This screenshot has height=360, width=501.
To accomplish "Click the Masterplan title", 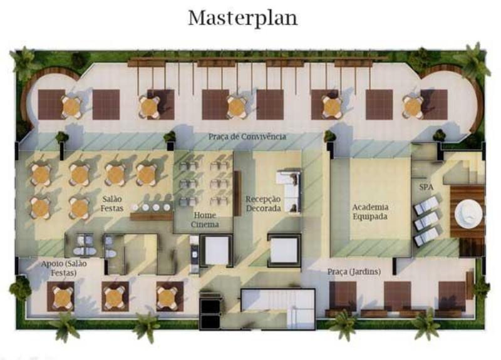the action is (243, 18).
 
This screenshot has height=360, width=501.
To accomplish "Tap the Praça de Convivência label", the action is (247, 136).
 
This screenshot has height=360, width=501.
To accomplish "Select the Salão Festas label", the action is (112, 203).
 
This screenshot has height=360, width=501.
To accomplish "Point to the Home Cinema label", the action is (205, 220).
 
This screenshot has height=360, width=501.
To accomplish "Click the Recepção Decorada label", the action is (263, 203).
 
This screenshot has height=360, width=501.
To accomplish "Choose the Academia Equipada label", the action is (370, 212).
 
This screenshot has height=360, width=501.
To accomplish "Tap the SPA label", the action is (426, 187).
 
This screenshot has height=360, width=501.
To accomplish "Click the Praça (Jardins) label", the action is (354, 272).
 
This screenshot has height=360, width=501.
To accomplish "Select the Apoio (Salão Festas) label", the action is (64, 269).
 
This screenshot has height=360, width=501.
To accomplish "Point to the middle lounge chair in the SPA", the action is (426, 220).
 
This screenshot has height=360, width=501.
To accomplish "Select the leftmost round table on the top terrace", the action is (71, 107).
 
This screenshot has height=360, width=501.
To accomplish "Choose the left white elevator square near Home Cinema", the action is (217, 250).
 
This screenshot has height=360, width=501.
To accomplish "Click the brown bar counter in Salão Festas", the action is (152, 217).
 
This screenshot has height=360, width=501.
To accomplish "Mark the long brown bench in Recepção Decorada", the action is (237, 193).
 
